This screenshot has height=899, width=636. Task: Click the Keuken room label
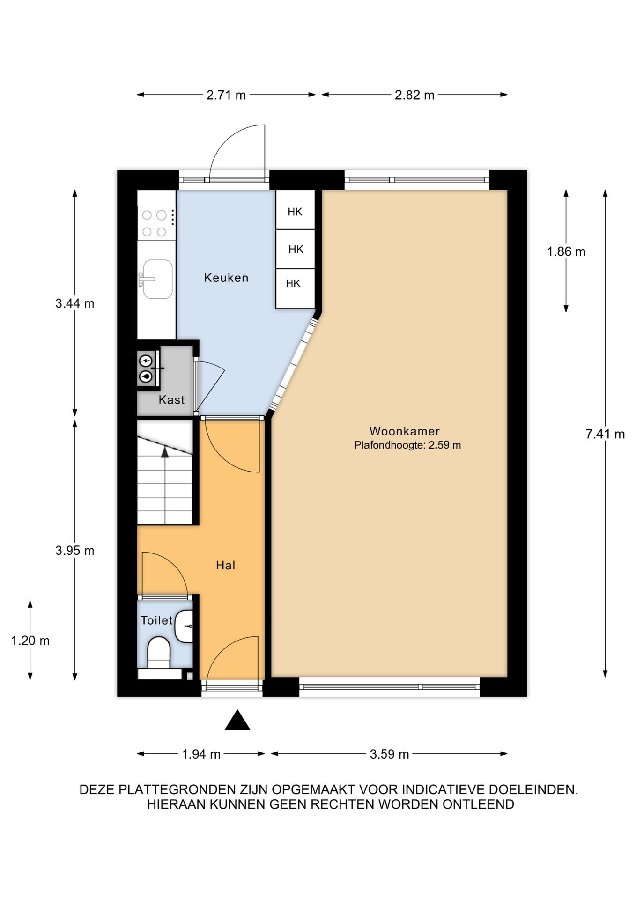226,278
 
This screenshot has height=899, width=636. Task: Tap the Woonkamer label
405,431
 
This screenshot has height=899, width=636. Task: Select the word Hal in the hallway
226,565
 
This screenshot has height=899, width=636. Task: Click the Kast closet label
171,399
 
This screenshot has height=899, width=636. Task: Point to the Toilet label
157,620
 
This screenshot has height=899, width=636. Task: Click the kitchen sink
157,279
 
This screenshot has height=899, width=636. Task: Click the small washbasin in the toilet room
184,626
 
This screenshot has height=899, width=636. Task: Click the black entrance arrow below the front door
237,720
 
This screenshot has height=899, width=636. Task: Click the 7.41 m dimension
605,434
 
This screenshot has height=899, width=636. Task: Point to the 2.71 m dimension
226,95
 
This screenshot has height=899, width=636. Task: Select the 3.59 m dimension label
389,754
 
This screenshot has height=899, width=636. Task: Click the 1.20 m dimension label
30,640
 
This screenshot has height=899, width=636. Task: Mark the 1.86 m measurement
566,251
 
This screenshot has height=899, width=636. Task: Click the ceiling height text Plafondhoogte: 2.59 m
407,445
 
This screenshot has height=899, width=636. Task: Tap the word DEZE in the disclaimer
97,789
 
